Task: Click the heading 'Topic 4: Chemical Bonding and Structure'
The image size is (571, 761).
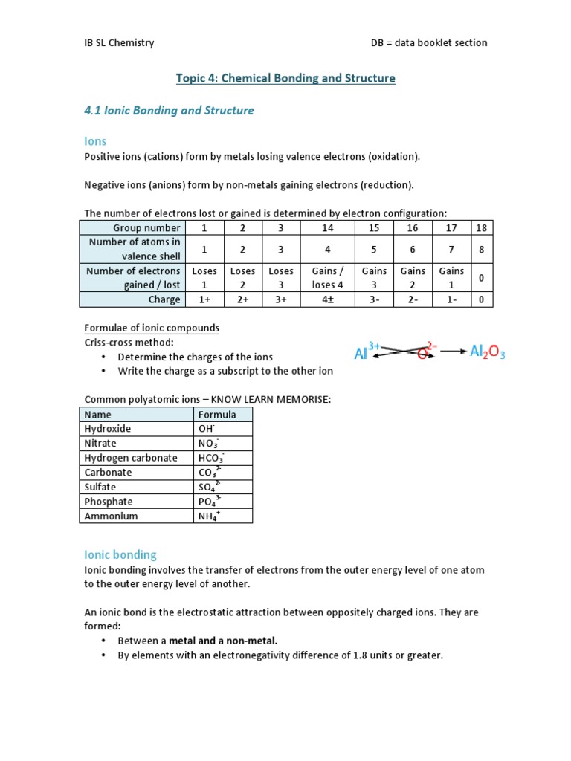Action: click(285, 78)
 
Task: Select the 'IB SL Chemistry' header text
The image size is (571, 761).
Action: click(119, 42)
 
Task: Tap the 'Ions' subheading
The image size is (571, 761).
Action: click(94, 141)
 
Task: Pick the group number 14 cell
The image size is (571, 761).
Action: click(327, 228)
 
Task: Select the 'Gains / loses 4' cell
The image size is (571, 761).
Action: click(327, 278)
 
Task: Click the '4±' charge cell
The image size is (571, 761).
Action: click(327, 299)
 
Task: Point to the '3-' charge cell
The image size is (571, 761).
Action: click(374, 299)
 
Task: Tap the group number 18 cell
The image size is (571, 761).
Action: click(481, 228)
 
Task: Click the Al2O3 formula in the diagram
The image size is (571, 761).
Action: click(487, 351)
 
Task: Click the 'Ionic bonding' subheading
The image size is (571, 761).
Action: click(120, 554)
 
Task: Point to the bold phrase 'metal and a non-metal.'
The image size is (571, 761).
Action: click(223, 640)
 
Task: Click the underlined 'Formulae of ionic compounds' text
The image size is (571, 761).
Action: click(151, 328)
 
